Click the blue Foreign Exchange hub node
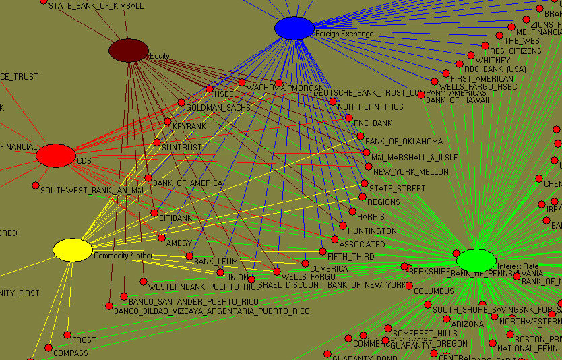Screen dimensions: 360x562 tap(294, 28)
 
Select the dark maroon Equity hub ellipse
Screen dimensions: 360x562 tap(129, 51)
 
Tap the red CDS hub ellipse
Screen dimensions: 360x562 tap(56, 156)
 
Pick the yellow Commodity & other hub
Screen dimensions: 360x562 tap(73, 250)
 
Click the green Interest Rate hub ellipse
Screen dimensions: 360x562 tap(476, 260)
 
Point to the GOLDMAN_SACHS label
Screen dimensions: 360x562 tap(218, 108)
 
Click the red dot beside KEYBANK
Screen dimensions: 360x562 tap(168, 121)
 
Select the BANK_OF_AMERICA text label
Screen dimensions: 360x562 tap(187, 183)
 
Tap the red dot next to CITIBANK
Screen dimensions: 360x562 tap(154, 213)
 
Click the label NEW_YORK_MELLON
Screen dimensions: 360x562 tap(410, 172)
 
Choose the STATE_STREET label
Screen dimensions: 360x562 tap(397, 189)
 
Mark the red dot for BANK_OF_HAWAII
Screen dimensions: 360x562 tap(421, 95)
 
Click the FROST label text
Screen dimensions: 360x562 tap(84, 340)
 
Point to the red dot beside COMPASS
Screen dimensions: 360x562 tap(49, 348)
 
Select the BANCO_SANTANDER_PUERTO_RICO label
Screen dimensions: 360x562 tap(193, 301)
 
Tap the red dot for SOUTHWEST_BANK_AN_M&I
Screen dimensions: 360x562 tap(36, 185)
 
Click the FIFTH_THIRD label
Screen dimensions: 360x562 tap(350, 257)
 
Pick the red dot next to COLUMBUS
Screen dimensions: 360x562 tap(409, 291)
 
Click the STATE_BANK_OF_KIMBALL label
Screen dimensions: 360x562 tap(96, 6)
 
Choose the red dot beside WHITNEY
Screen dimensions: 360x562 tap(470, 56)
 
